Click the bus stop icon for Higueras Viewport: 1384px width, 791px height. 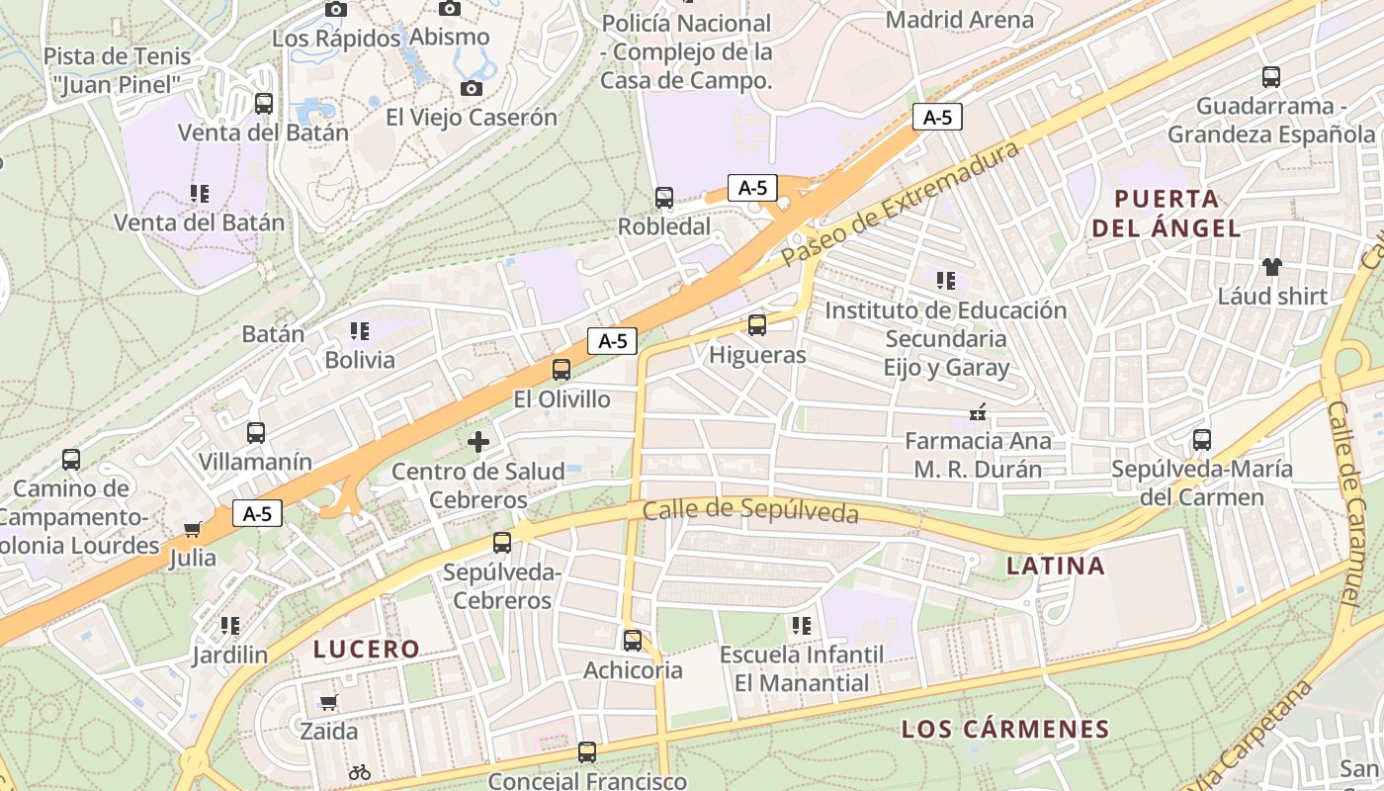click(x=757, y=324)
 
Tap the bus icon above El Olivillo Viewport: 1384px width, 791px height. click(x=562, y=370)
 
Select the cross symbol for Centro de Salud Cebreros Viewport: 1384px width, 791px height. click(x=478, y=441)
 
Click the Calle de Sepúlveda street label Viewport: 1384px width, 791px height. click(x=750, y=511)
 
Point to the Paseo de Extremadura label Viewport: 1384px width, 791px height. click(x=899, y=203)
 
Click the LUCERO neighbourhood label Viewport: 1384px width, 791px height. click(x=367, y=650)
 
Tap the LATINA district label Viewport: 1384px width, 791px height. click(x=1055, y=567)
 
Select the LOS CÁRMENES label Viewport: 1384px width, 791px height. click(x=1005, y=730)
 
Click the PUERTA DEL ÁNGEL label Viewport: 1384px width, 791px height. click(x=1166, y=213)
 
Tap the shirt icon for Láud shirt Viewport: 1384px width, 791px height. click(x=1271, y=266)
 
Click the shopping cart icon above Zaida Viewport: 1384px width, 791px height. click(x=329, y=702)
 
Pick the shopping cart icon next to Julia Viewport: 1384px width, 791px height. click(x=193, y=529)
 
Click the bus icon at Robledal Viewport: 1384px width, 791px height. click(x=664, y=198)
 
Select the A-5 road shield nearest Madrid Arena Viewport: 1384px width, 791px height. click(x=937, y=117)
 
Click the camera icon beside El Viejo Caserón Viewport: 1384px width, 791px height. click(x=472, y=88)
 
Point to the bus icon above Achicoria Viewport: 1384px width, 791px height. click(x=633, y=640)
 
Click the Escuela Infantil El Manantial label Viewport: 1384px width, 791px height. click(x=802, y=668)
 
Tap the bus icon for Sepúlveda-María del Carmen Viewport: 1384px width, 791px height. click(x=1202, y=439)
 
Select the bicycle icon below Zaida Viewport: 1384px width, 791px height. click(x=360, y=771)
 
